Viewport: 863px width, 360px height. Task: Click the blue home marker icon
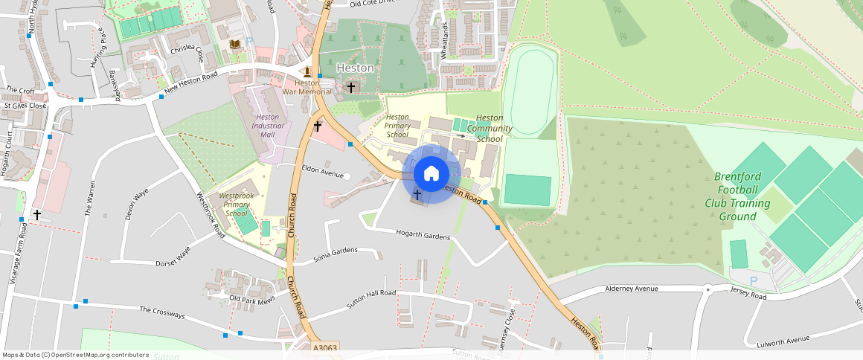pyautogui.click(x=431, y=174)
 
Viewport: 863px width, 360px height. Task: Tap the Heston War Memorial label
pyautogui.click(x=307, y=87)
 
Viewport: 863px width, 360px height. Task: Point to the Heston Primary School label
pyautogui.click(x=397, y=126)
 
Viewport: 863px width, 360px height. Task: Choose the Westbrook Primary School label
pyautogui.click(x=236, y=205)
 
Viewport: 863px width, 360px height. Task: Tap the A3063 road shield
pyautogui.click(x=325, y=347)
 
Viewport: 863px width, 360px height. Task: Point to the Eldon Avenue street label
pyautogui.click(x=321, y=173)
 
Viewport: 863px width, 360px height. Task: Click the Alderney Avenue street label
pyautogui.click(x=632, y=289)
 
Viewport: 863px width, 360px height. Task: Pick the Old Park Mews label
pyautogui.click(x=252, y=299)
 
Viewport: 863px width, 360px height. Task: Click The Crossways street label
pyautogui.click(x=162, y=312)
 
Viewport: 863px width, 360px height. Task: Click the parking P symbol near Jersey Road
pyautogui.click(x=753, y=281)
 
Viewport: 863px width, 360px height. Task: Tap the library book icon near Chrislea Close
pyautogui.click(x=235, y=45)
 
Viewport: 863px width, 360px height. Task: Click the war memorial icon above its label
pyautogui.click(x=307, y=72)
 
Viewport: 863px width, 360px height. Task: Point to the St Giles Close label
pyautogui.click(x=25, y=106)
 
